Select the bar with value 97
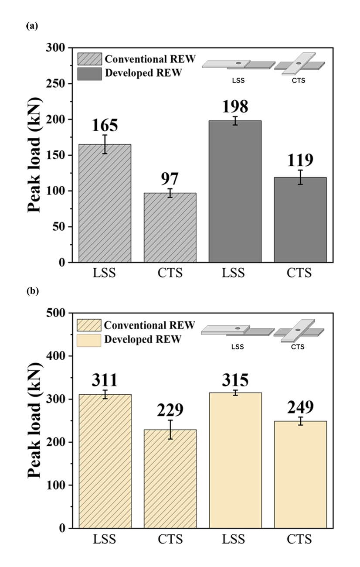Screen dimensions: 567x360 (170, 227)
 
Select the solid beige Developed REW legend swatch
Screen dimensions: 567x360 (89, 339)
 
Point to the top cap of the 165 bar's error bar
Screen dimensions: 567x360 (105, 135)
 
